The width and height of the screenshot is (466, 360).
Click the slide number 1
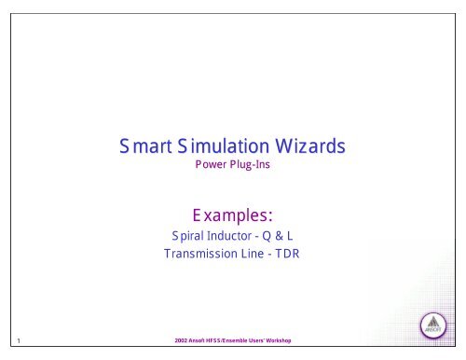click(x=18, y=341)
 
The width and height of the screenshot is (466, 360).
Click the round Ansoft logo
click(x=435, y=328)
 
